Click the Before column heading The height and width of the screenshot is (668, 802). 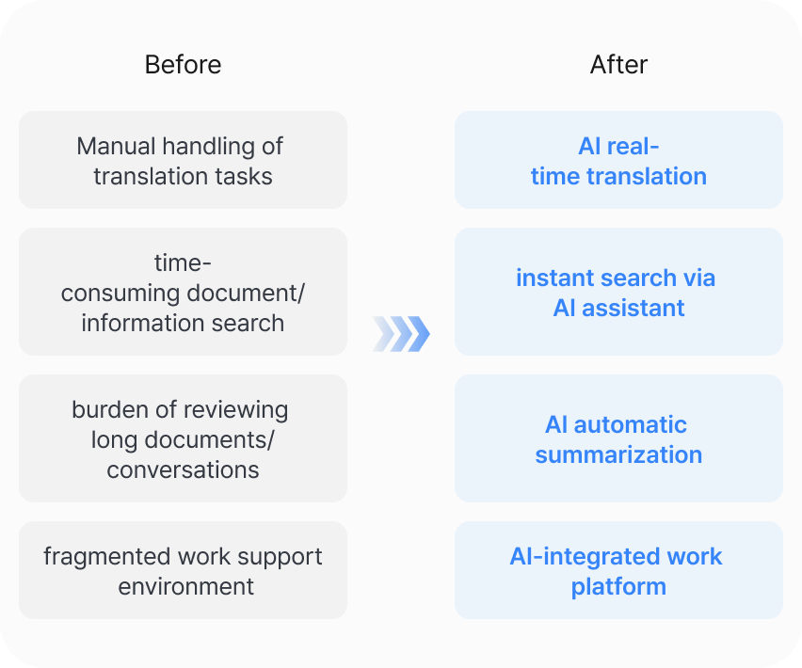[183, 65]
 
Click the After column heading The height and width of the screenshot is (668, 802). [618, 65]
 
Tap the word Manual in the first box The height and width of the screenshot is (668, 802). [116, 146]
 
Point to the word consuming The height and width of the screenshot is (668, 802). [120, 294]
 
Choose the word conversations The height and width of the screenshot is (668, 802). [183, 470]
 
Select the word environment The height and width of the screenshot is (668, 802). [185, 587]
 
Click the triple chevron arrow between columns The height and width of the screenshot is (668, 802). [401, 334]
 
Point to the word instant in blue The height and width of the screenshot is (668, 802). [555, 278]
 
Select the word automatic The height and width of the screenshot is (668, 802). [630, 425]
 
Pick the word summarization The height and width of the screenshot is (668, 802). [618, 454]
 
